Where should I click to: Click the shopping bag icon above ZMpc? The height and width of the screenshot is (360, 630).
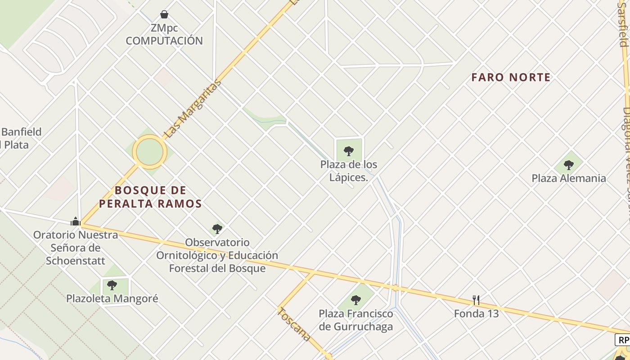[164, 15]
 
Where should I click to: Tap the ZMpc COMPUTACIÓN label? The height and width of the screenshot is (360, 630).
[164, 34]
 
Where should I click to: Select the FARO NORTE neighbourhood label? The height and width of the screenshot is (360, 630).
[511, 77]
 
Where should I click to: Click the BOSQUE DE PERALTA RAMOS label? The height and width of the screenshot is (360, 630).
[150, 197]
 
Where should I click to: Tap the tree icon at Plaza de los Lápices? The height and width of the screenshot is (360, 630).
[348, 151]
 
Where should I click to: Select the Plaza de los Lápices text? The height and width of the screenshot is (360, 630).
[349, 171]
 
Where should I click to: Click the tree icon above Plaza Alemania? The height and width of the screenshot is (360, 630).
[569, 165]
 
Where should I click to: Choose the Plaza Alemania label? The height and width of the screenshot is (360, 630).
[569, 178]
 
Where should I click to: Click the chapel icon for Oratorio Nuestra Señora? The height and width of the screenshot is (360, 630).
[76, 221]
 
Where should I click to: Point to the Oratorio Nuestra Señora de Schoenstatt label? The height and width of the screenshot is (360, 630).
[76, 247]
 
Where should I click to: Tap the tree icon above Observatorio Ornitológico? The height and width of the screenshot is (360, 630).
[217, 229]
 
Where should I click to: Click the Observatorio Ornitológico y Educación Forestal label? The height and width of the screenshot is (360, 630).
[217, 255]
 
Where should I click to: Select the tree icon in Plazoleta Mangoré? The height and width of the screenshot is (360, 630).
[112, 285]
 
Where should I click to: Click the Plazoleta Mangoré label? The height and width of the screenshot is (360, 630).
[112, 298]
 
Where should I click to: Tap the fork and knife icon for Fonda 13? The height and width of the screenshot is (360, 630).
[476, 300]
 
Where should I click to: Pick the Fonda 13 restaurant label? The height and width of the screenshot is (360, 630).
[476, 313]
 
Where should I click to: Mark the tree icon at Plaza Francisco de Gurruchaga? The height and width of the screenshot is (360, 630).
[356, 300]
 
